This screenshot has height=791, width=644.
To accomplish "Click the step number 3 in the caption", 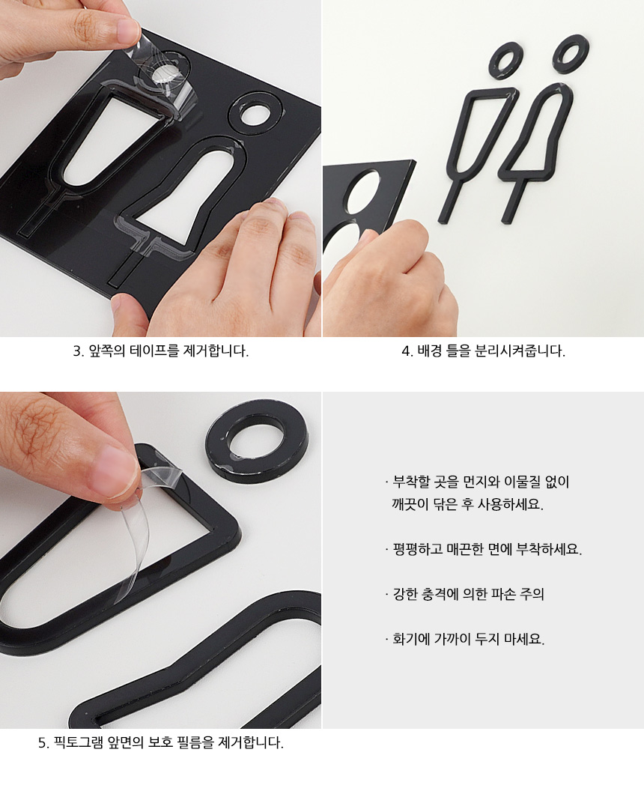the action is [77, 351].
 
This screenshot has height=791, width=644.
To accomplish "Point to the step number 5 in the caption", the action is [43, 742].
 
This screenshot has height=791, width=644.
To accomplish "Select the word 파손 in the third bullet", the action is [502, 594].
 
